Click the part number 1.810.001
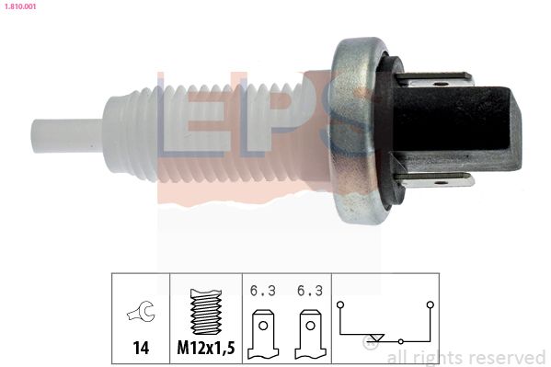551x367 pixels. (x=20, y=6)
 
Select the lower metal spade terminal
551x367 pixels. (x=435, y=180)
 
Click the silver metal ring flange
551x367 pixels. (x=355, y=130)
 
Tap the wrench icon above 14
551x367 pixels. (x=141, y=311)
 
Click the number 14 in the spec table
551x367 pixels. (x=141, y=348)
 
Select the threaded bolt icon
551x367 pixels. (x=206, y=312)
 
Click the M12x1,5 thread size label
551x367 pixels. (x=206, y=348)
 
